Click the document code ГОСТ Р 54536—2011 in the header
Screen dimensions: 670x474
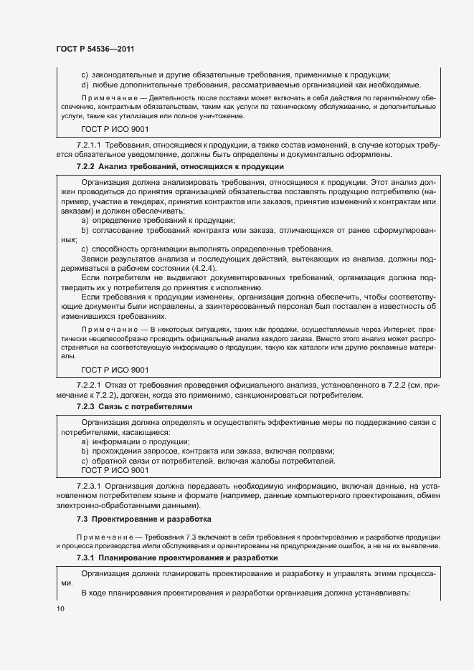click(x=95, y=49)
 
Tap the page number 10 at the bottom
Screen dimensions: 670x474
click(x=60, y=608)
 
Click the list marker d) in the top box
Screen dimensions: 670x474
click(x=85, y=85)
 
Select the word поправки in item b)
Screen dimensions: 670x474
click(x=316, y=451)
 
